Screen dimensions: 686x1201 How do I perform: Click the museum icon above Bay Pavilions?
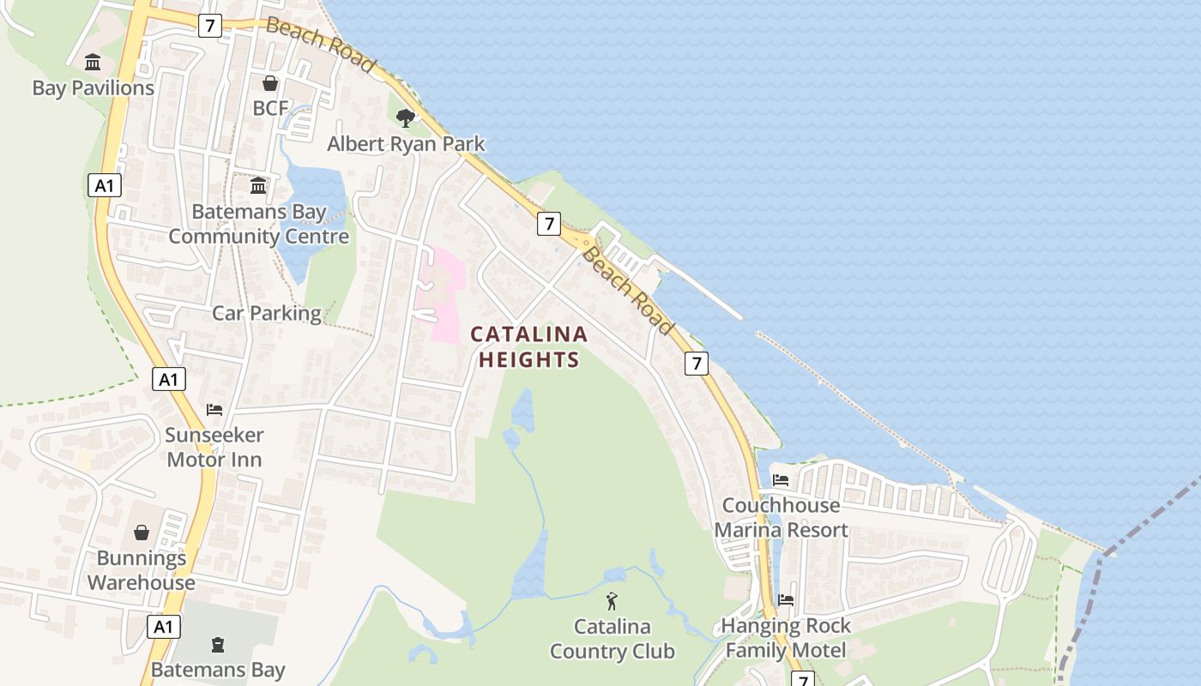(93, 63)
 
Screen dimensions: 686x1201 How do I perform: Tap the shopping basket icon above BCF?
(270, 83)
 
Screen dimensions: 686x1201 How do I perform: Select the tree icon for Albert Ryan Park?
(406, 118)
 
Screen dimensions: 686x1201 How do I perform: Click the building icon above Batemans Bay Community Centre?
(258, 186)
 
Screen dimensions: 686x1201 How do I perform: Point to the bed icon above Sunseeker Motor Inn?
(214, 410)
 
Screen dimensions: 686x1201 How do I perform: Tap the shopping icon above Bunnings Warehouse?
(142, 533)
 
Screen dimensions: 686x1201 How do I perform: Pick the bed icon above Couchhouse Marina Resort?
(781, 480)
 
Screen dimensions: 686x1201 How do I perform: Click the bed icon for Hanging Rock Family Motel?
(786, 600)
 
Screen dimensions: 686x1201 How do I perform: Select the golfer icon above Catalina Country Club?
(612, 601)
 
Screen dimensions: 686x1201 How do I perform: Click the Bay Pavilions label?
(94, 88)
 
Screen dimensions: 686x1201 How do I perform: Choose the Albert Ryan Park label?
(406, 144)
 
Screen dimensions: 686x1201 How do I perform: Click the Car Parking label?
(267, 313)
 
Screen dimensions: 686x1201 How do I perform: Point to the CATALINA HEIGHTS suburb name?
(528, 346)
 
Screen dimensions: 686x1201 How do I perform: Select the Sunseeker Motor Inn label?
(214, 448)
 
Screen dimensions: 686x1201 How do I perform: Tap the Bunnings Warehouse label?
(142, 570)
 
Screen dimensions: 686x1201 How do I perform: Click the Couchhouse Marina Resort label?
(781, 518)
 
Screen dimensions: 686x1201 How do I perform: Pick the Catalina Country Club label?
(612, 639)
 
